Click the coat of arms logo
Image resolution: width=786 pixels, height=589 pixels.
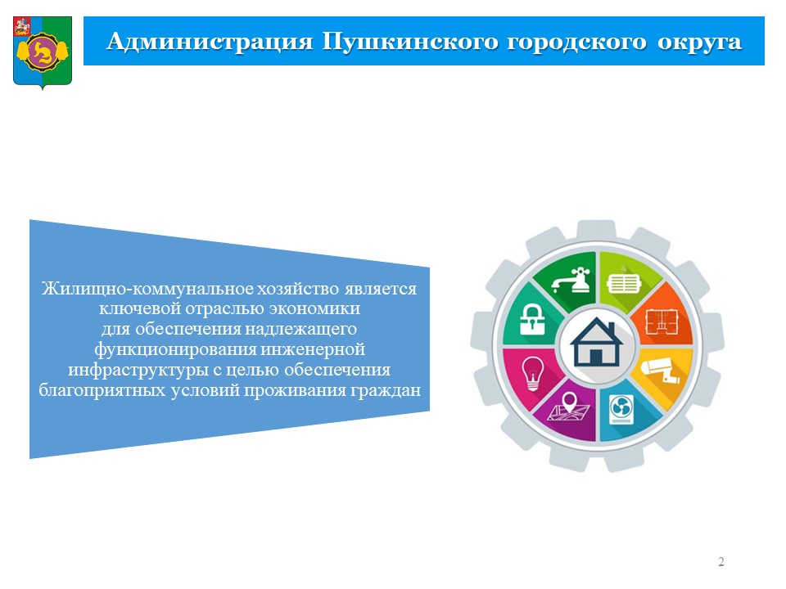pos(43,52)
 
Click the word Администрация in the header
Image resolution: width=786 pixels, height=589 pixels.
pos(210,42)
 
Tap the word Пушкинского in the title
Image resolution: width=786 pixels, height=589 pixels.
pos(410,42)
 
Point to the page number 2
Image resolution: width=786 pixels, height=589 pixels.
pos(720,561)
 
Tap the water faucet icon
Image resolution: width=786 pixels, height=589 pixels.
pos(571,280)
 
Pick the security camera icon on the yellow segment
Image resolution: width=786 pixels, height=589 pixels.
pos(661,370)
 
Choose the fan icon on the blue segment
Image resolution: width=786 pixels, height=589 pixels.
pos(621,409)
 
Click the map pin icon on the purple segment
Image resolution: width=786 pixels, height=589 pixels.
pos(569,407)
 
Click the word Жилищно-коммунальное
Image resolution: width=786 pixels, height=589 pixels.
pos(148,289)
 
